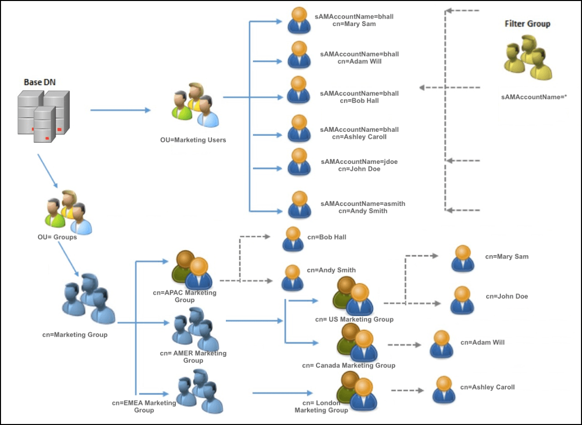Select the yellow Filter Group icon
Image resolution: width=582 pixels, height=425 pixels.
[x=527, y=58]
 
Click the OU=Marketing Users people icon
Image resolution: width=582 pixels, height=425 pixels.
[x=196, y=106]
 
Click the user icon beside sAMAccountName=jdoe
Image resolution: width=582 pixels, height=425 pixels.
[x=299, y=161]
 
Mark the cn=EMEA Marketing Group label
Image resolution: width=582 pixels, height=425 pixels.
[x=144, y=406]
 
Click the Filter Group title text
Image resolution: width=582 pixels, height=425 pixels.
[x=527, y=24]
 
